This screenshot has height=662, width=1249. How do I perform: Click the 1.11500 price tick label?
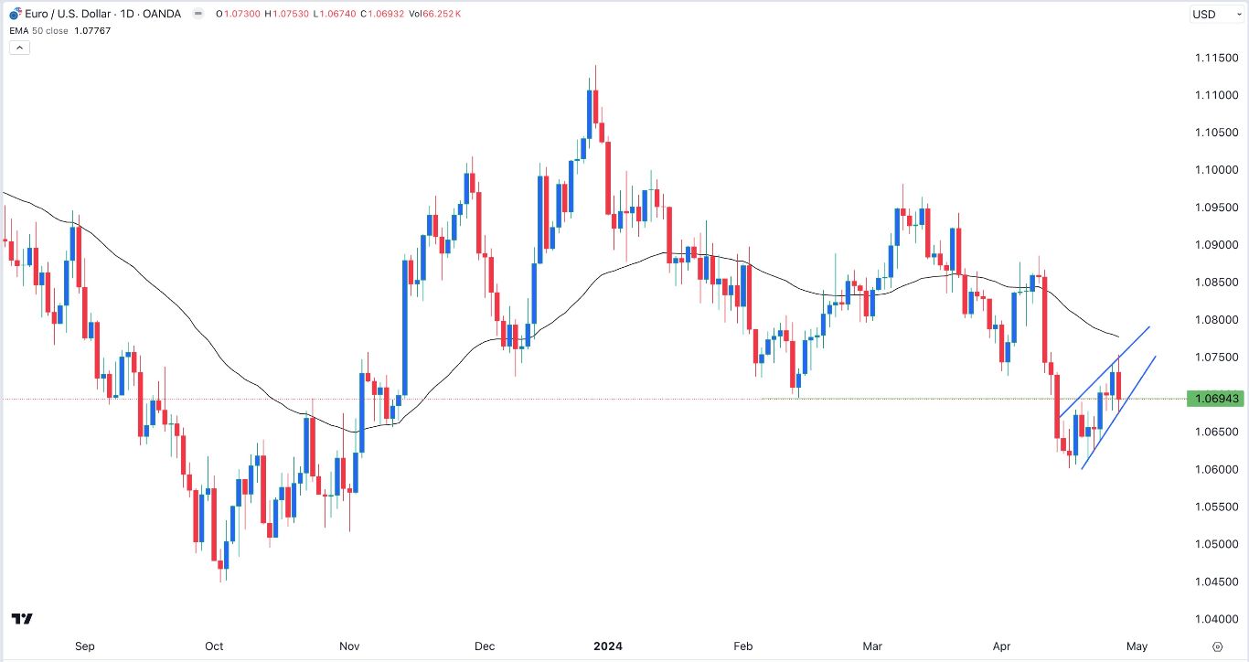click(x=1215, y=59)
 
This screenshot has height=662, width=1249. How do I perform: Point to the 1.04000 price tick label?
click(x=1215, y=619)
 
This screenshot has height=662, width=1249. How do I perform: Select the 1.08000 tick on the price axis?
click(x=1215, y=320)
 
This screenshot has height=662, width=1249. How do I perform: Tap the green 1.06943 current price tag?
click(x=1216, y=399)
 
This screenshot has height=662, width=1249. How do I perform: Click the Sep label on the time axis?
click(x=85, y=646)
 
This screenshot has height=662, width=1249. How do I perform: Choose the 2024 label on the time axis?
click(x=607, y=646)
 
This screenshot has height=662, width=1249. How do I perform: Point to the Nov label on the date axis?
click(x=349, y=646)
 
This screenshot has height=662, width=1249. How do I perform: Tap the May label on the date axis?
click(x=1137, y=646)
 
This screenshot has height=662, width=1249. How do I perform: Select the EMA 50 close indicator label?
click(x=37, y=30)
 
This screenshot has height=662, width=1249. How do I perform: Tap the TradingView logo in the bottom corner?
click(x=23, y=619)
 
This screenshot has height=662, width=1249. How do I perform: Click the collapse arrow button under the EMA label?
click(x=20, y=48)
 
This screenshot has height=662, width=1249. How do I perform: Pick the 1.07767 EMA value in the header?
click(x=93, y=30)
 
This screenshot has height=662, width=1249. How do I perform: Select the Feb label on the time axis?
click(x=743, y=646)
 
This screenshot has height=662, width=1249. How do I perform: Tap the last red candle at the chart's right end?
click(x=1118, y=385)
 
